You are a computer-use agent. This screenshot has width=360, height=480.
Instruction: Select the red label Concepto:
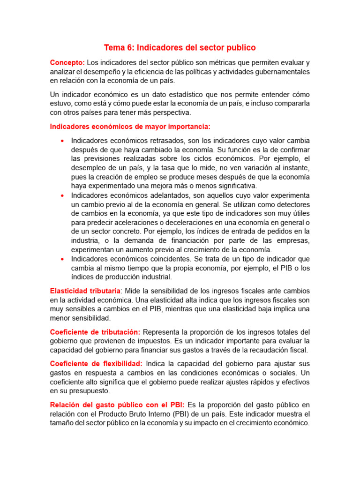67,63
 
